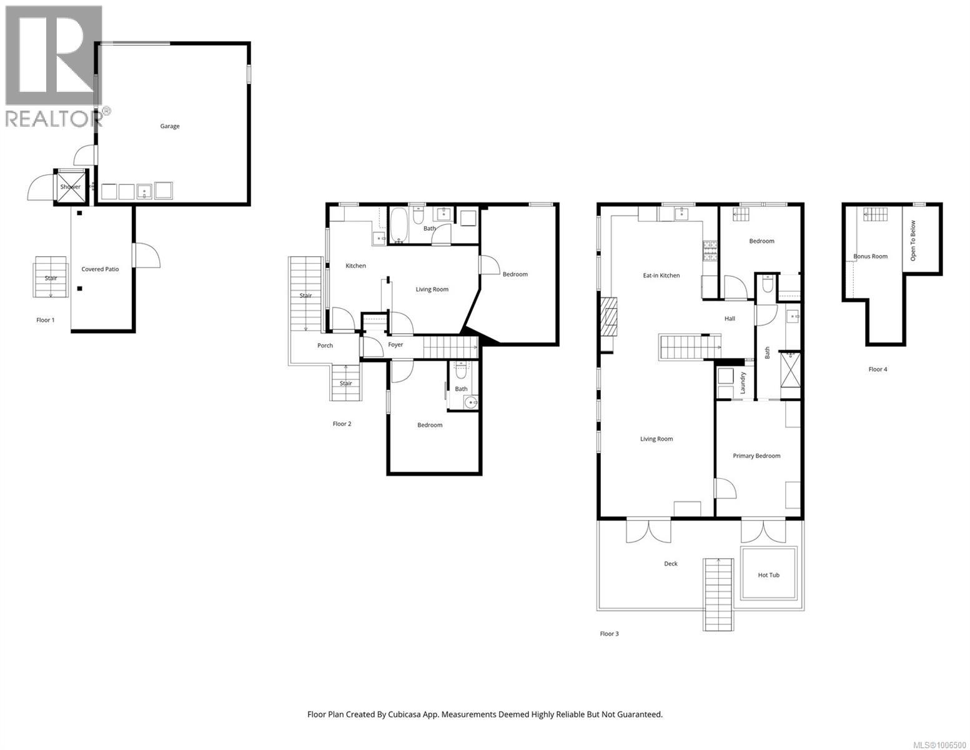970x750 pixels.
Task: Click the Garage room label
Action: pyautogui.click(x=169, y=126)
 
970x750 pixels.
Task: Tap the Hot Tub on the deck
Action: pyautogui.click(x=768, y=574)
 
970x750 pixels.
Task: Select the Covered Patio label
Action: pyautogui.click(x=100, y=269)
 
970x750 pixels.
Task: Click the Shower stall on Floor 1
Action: pyautogui.click(x=71, y=187)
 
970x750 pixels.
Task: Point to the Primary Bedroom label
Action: pyautogui.click(x=756, y=456)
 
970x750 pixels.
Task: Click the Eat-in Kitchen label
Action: pyautogui.click(x=661, y=276)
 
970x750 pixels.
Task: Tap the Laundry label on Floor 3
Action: pyautogui.click(x=743, y=382)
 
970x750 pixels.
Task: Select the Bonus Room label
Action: pyautogui.click(x=870, y=256)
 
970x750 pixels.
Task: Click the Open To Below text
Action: pyautogui.click(x=913, y=241)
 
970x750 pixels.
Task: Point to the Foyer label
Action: pyautogui.click(x=395, y=344)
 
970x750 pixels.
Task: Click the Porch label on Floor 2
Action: pyautogui.click(x=325, y=346)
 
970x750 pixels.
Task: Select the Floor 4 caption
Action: pyautogui.click(x=878, y=369)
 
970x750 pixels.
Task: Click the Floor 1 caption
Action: pyautogui.click(x=45, y=320)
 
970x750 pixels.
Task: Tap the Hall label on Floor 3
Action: pyautogui.click(x=730, y=319)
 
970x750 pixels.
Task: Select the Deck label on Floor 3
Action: pyautogui.click(x=670, y=564)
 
